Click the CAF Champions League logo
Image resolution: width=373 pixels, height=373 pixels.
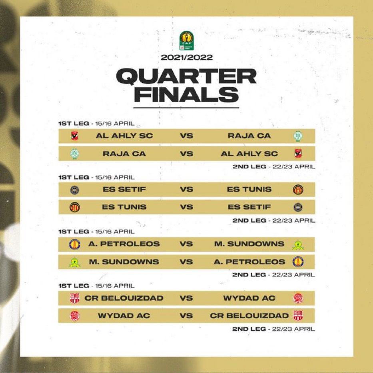click(186, 41)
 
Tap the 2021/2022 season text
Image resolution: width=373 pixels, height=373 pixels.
click(186, 57)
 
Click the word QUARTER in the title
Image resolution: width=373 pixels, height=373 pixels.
click(186, 76)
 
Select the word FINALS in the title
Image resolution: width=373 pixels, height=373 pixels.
click(186, 94)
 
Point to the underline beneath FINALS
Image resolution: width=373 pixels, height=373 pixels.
click(186, 108)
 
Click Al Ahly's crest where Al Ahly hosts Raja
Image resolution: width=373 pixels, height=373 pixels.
click(74, 136)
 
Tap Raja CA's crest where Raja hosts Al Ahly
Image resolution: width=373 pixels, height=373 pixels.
click(75, 154)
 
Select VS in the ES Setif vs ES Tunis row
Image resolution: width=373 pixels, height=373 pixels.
click(186, 189)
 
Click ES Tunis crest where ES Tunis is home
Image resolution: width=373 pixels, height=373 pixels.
click(75, 207)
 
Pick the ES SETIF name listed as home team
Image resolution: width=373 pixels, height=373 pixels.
click(124, 189)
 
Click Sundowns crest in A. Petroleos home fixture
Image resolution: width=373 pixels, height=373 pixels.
click(298, 245)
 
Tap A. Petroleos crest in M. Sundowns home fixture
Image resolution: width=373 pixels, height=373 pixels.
click(298, 262)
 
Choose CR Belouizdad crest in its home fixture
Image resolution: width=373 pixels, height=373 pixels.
click(75, 298)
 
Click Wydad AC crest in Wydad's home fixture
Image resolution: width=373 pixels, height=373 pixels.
click(75, 316)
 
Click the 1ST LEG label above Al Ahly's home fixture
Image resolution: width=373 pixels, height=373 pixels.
click(74, 124)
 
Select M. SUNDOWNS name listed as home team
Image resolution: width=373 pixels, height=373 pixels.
click(124, 262)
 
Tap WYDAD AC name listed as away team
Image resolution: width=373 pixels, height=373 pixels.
click(249, 298)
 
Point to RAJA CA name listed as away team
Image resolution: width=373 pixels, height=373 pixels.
click(249, 136)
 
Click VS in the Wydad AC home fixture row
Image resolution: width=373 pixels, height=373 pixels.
click(186, 316)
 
